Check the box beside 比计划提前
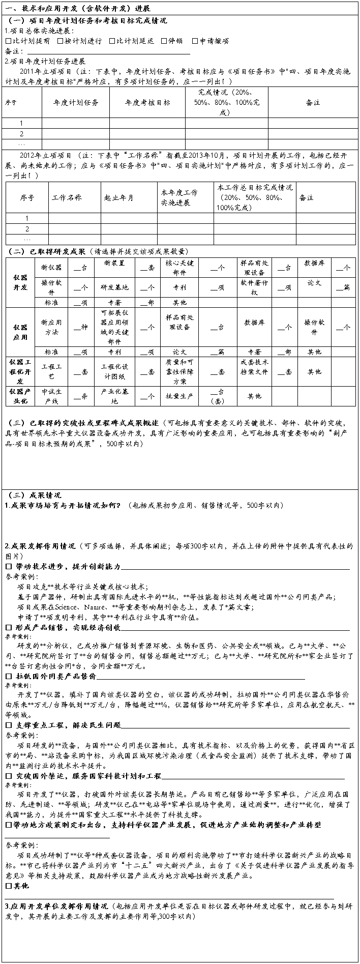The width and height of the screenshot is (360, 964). (8, 41)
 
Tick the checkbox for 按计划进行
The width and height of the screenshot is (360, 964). (60, 41)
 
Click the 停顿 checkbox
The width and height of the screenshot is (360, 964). (164, 41)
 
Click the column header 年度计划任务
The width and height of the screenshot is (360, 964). (75, 102)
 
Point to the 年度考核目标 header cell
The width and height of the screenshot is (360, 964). (147, 102)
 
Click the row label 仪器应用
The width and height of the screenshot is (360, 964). (20, 332)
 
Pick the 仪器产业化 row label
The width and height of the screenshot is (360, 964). (20, 396)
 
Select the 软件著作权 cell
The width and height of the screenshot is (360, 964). (254, 286)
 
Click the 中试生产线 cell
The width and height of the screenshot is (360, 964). (51, 396)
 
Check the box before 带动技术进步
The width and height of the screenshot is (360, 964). (8, 566)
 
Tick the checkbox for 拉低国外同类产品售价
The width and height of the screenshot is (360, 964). (8, 676)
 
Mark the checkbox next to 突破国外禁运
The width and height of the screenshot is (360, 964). (8, 776)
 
